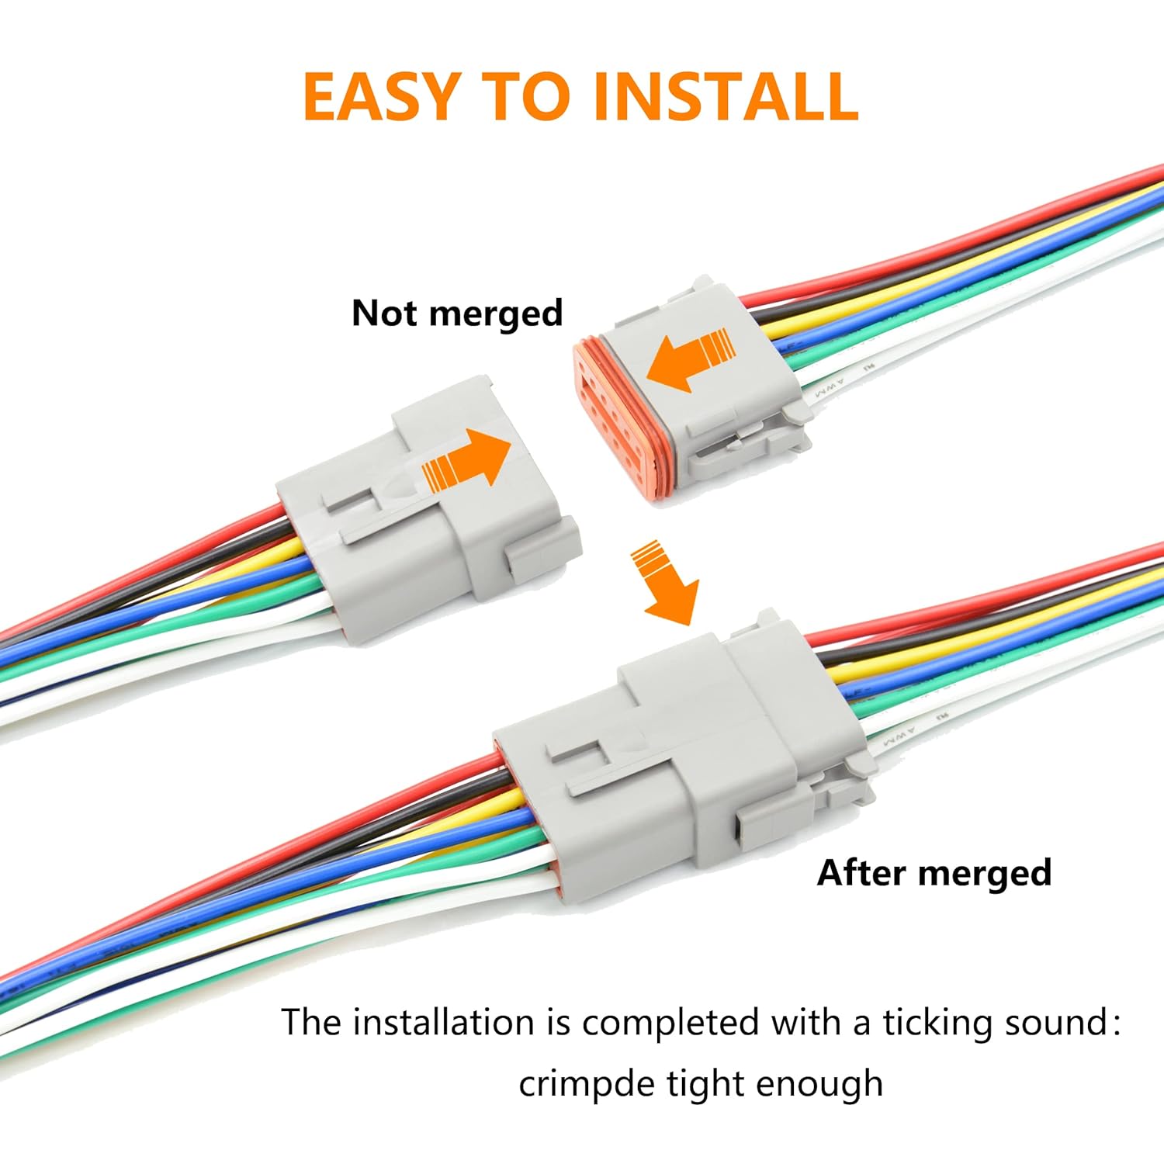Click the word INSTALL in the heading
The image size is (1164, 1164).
tap(725, 96)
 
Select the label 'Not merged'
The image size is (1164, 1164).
tap(457, 314)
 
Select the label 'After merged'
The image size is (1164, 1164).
tap(934, 873)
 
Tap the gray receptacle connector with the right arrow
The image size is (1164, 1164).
tap(435, 504)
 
